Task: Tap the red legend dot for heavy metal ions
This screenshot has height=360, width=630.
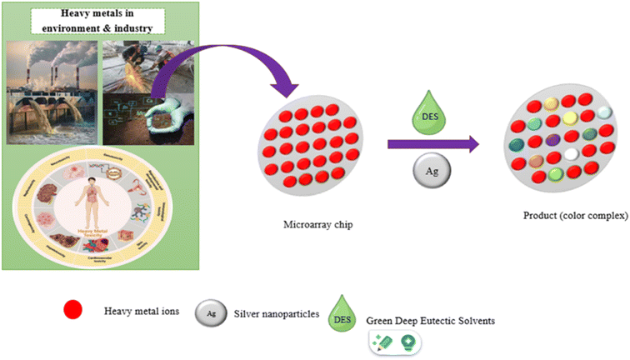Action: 76,312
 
